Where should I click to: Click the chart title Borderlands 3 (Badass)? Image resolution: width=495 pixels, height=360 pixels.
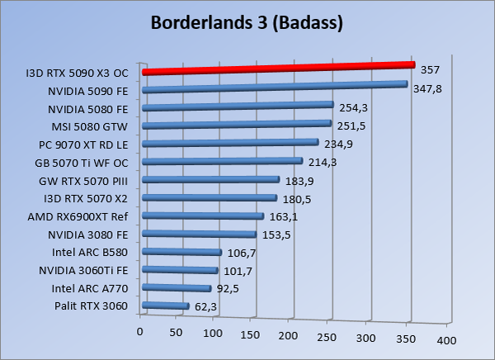coord(247,22)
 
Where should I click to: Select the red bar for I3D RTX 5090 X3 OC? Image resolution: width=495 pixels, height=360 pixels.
coord(277,68)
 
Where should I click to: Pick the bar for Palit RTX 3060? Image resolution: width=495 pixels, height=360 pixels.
coord(166,306)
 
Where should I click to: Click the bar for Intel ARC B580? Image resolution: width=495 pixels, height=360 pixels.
coord(182,252)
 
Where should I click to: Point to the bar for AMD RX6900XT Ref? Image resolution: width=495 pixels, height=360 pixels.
coord(203,216)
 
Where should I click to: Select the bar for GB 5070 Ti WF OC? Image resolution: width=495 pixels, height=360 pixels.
coord(223,163)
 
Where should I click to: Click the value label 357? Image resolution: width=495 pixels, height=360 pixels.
coord(430,69)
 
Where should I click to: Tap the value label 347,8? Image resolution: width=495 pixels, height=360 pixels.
coord(427,88)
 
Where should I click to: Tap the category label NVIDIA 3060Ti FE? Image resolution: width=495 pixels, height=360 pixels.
coord(82,270)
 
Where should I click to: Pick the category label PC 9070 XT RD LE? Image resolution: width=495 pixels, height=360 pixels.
coord(82,144)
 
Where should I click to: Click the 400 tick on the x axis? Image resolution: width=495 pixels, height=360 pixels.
coord(446,340)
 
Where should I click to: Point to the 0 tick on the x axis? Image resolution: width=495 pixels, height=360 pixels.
coord(140,331)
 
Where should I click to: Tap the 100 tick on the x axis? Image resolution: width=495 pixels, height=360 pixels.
coord(214,334)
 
